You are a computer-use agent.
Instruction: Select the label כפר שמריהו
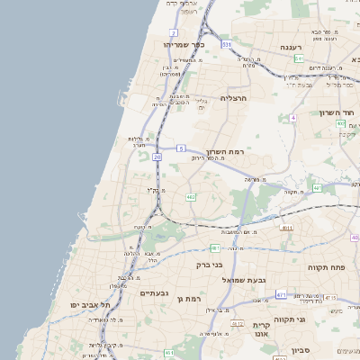point(184,44)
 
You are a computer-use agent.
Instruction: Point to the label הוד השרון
point(337,112)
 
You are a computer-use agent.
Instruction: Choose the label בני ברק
point(208,265)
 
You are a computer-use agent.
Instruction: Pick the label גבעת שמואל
point(243,280)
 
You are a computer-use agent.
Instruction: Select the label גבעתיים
point(155,292)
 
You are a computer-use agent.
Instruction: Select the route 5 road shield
point(181,148)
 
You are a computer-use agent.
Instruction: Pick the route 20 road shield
point(157,157)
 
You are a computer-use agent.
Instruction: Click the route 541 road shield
point(298,58)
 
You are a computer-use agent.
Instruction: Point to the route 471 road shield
point(281,294)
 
